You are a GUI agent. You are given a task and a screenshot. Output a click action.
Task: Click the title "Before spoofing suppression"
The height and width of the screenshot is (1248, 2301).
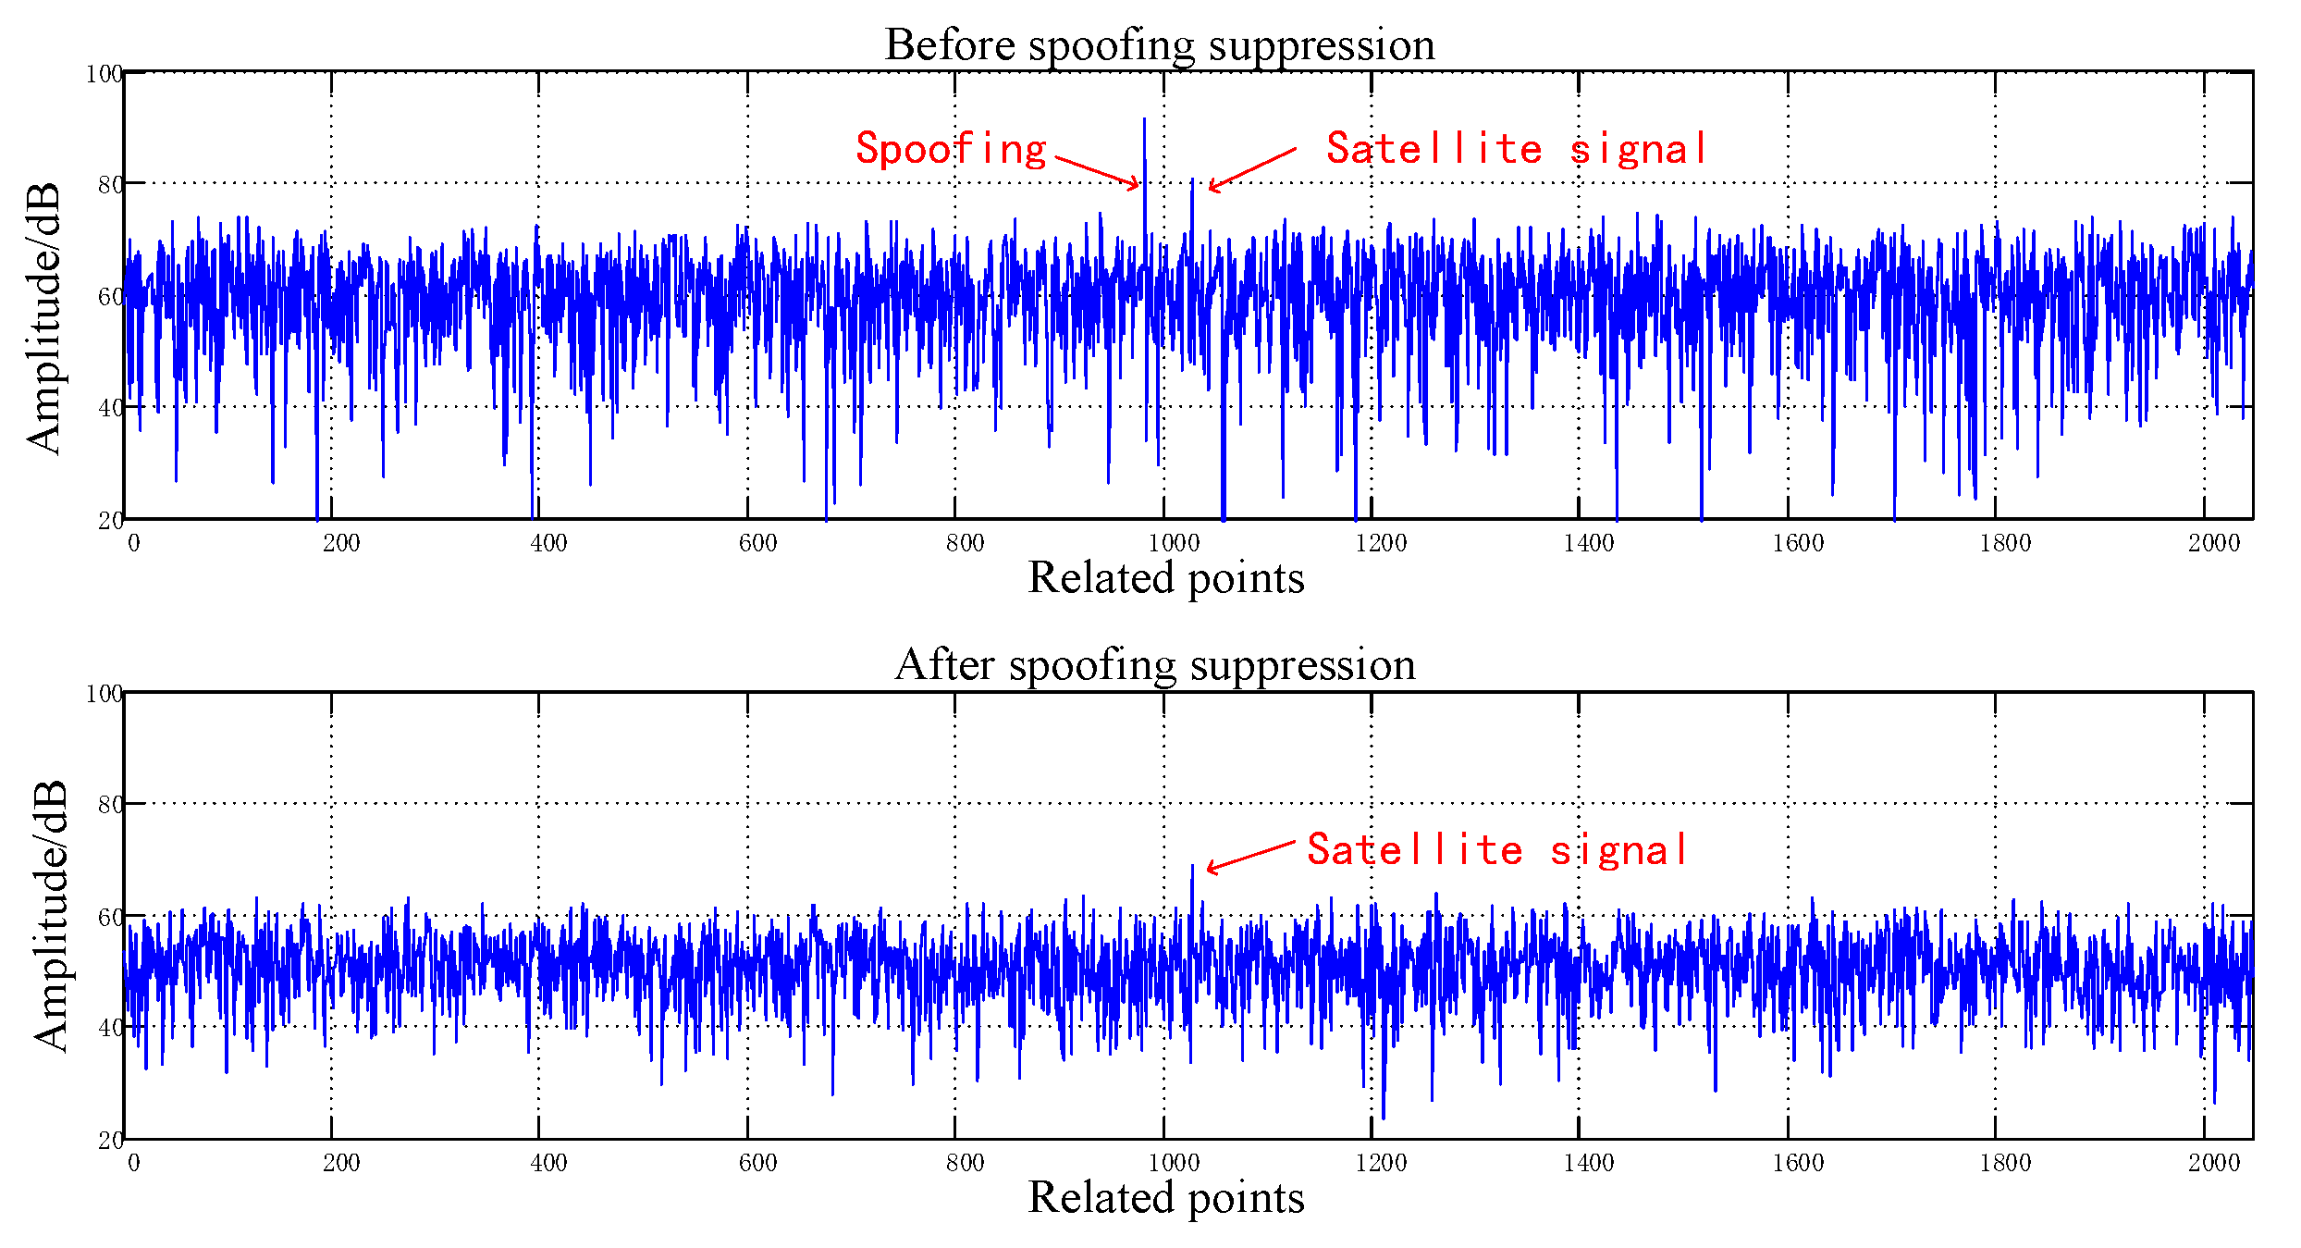pyautogui.click(x=1159, y=44)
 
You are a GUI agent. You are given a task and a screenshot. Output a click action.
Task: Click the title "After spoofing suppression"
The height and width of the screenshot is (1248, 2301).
pyautogui.click(x=1155, y=664)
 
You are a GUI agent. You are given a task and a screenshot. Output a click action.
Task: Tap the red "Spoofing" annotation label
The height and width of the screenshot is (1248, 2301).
pyautogui.click(x=951, y=149)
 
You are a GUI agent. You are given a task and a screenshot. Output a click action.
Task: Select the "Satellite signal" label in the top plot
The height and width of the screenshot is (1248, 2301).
pyautogui.click(x=1516, y=149)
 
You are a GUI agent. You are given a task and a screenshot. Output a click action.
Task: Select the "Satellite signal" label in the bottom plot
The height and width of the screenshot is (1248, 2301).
pyautogui.click(x=1496, y=850)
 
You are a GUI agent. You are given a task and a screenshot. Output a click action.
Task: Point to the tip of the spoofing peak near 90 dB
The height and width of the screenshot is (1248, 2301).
pyautogui.click(x=1144, y=119)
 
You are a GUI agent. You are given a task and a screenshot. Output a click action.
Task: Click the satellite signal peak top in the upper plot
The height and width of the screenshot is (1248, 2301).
pyautogui.click(x=1192, y=179)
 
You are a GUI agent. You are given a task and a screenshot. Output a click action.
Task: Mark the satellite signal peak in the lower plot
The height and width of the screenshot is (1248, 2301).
pyautogui.click(x=1192, y=867)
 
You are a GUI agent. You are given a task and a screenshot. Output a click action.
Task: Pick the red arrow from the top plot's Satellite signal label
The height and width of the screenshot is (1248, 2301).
pyautogui.click(x=1252, y=168)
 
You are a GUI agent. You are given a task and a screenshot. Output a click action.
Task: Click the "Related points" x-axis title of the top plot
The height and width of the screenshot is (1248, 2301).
pyautogui.click(x=1165, y=578)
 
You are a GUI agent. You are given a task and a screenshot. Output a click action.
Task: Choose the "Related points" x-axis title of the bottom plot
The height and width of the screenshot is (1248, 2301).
pyautogui.click(x=1165, y=1198)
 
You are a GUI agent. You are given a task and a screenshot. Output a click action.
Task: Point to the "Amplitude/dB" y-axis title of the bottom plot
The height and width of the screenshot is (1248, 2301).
pyautogui.click(x=50, y=915)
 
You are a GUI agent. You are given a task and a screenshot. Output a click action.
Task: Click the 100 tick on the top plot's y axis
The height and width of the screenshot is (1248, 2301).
pyautogui.click(x=104, y=74)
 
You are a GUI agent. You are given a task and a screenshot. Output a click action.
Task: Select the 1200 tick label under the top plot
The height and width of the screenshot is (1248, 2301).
pyautogui.click(x=1380, y=543)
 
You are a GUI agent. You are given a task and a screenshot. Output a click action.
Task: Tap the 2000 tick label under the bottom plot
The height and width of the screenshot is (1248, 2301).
pyautogui.click(x=2213, y=1163)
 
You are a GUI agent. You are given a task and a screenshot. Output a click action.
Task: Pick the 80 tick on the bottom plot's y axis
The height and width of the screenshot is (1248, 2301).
pyautogui.click(x=110, y=805)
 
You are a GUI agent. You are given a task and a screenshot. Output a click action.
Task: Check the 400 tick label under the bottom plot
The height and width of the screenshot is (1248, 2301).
pyautogui.click(x=548, y=1163)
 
